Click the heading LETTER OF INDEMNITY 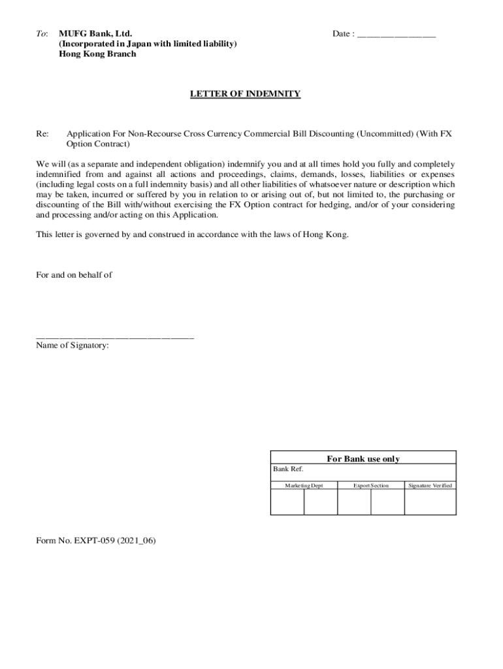click(x=245, y=94)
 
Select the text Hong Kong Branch click(x=97, y=54)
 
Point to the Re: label click(x=42, y=134)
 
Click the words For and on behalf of click(x=74, y=275)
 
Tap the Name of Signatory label click(x=73, y=346)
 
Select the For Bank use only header click(x=363, y=459)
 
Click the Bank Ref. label click(x=288, y=469)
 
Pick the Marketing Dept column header click(x=304, y=485)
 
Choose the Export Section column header click(x=370, y=485)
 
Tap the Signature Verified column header click(x=430, y=485)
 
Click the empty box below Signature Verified click(x=430, y=502)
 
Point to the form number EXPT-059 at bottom click(x=96, y=541)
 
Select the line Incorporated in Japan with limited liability click(x=148, y=44)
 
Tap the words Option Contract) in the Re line click(x=98, y=144)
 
